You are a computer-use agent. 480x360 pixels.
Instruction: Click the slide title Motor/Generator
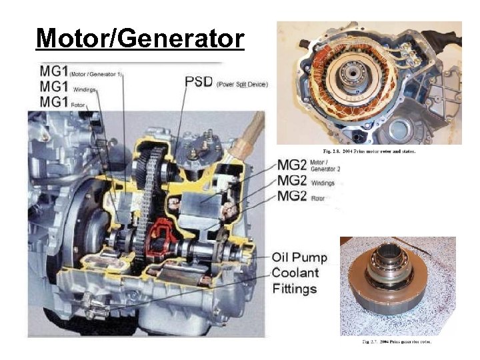(x=140, y=38)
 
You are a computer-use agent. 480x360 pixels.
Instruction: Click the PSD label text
(x=199, y=82)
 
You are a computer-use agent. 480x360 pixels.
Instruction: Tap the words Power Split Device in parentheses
(x=241, y=84)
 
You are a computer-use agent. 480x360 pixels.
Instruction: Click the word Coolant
(x=295, y=273)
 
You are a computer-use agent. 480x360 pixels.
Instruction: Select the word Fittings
(x=294, y=289)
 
